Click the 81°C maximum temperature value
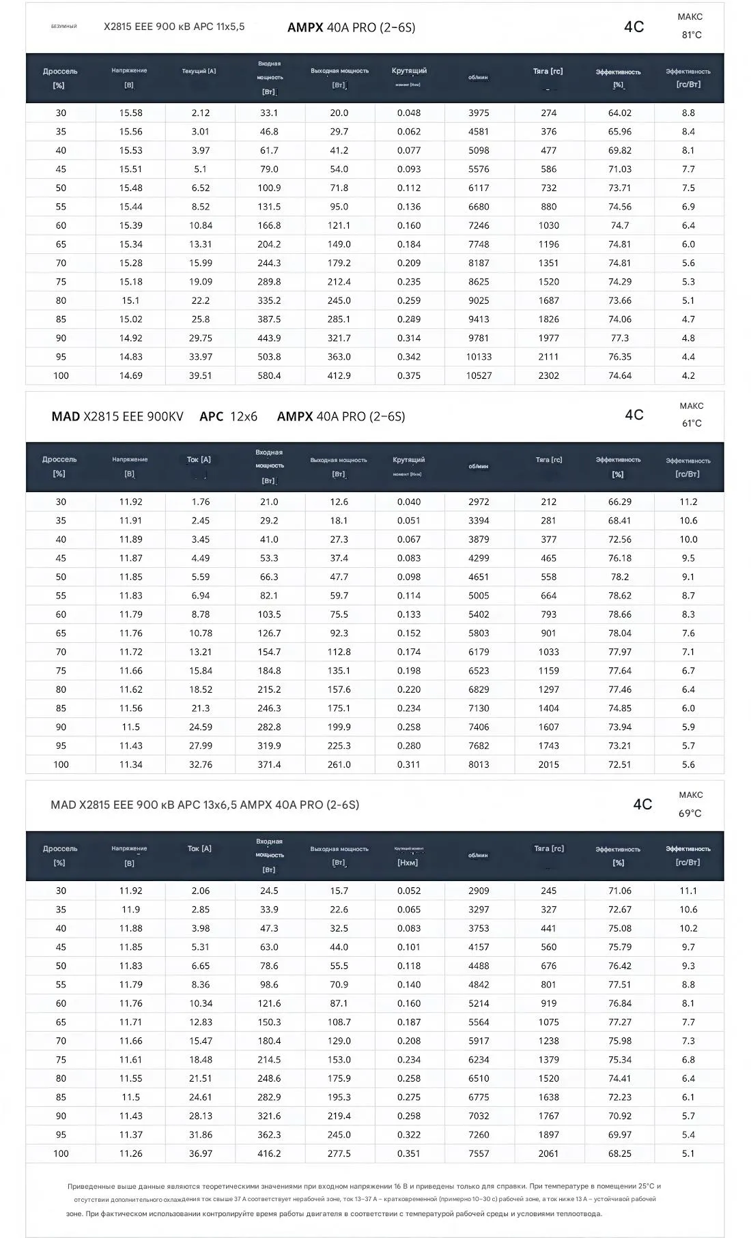(x=691, y=35)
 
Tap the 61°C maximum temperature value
(x=691, y=423)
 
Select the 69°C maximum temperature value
(x=690, y=813)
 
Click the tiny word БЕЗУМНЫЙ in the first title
(x=64, y=27)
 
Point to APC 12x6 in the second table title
(x=228, y=416)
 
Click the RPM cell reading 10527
(x=479, y=375)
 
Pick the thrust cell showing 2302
(x=548, y=375)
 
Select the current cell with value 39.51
(x=200, y=375)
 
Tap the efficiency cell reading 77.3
(x=619, y=338)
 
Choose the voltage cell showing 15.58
(x=130, y=113)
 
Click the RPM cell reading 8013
(x=479, y=764)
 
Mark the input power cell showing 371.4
(x=269, y=764)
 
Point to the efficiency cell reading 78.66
(x=619, y=614)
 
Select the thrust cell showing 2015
(x=548, y=764)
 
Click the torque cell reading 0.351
(x=408, y=1153)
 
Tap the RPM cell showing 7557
(x=479, y=1153)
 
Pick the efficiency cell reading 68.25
(x=619, y=1153)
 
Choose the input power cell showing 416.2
(x=269, y=1153)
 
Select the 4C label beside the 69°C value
(x=642, y=805)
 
